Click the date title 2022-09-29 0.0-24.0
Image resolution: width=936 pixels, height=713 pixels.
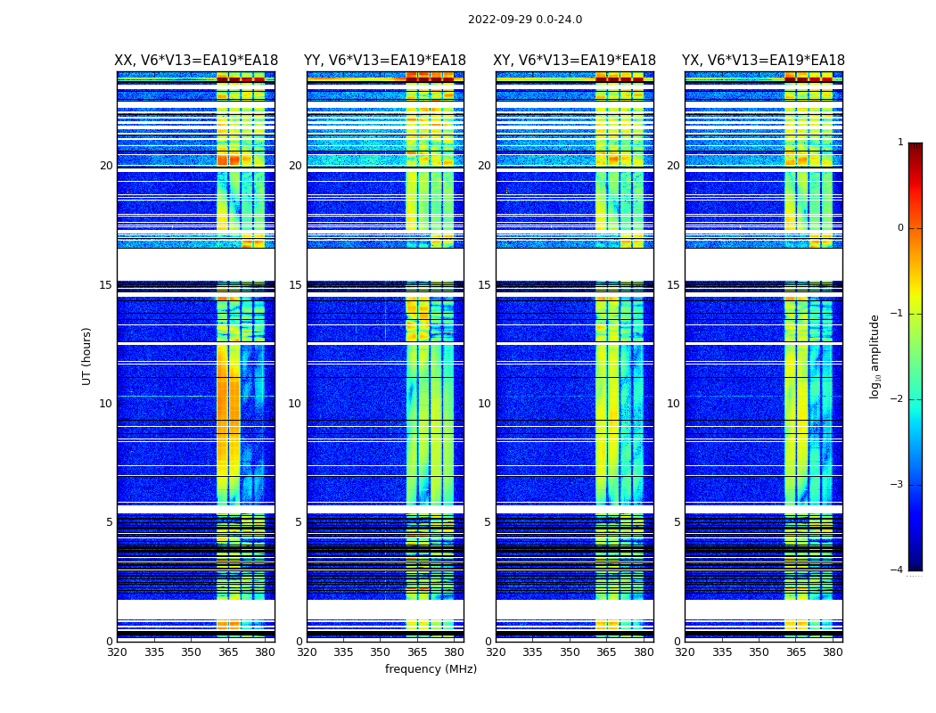pyautogui.click(x=525, y=20)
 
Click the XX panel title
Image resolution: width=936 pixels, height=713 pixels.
pyautogui.click(x=196, y=61)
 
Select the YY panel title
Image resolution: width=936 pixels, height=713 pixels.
pyautogui.click(x=385, y=61)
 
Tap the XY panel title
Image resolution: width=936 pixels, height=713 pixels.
pyautogui.click(x=575, y=61)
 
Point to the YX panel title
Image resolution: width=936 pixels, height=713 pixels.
pyautogui.click(x=763, y=61)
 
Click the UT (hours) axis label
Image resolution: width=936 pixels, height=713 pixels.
pyautogui.click(x=86, y=356)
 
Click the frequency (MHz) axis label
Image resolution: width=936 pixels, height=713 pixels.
pyautogui.click(x=431, y=669)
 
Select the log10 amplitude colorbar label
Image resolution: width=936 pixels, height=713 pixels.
pyautogui.click(x=875, y=356)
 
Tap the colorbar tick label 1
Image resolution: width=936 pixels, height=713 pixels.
pyautogui.click(x=900, y=143)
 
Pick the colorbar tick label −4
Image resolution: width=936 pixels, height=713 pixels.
pyautogui.click(x=898, y=570)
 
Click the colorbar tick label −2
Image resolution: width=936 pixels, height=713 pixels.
pyautogui.click(x=898, y=399)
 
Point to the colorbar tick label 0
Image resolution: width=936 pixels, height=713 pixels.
pyautogui.click(x=900, y=228)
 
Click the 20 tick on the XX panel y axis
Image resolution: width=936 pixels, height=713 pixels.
pyautogui.click(x=106, y=166)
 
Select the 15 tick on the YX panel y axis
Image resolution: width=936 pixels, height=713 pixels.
pyautogui.click(x=674, y=285)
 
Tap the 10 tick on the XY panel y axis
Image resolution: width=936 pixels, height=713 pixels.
pyautogui.click(x=485, y=404)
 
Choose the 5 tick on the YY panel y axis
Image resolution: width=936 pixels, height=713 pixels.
pyautogui.click(x=299, y=522)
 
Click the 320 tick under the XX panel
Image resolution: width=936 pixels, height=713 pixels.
pyautogui.click(x=117, y=652)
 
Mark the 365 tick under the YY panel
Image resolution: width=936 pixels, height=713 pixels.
pyautogui.click(x=417, y=652)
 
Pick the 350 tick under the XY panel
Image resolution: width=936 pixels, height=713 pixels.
pyautogui.click(x=570, y=652)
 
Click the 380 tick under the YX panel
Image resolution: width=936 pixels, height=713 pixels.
pyautogui.click(x=833, y=652)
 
